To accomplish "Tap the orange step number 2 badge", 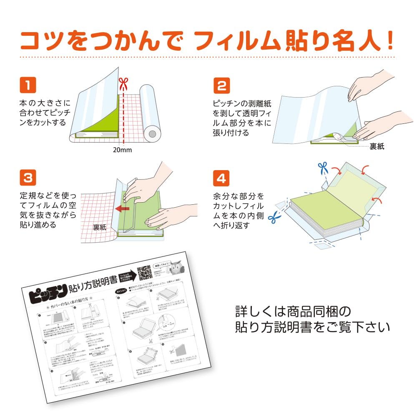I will [222, 85].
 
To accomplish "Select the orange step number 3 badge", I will [28, 178].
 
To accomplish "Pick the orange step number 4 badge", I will [222, 178].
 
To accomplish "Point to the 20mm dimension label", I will [122, 150].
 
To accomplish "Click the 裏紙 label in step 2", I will [377, 146].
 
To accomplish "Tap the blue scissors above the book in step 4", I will [322, 168].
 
